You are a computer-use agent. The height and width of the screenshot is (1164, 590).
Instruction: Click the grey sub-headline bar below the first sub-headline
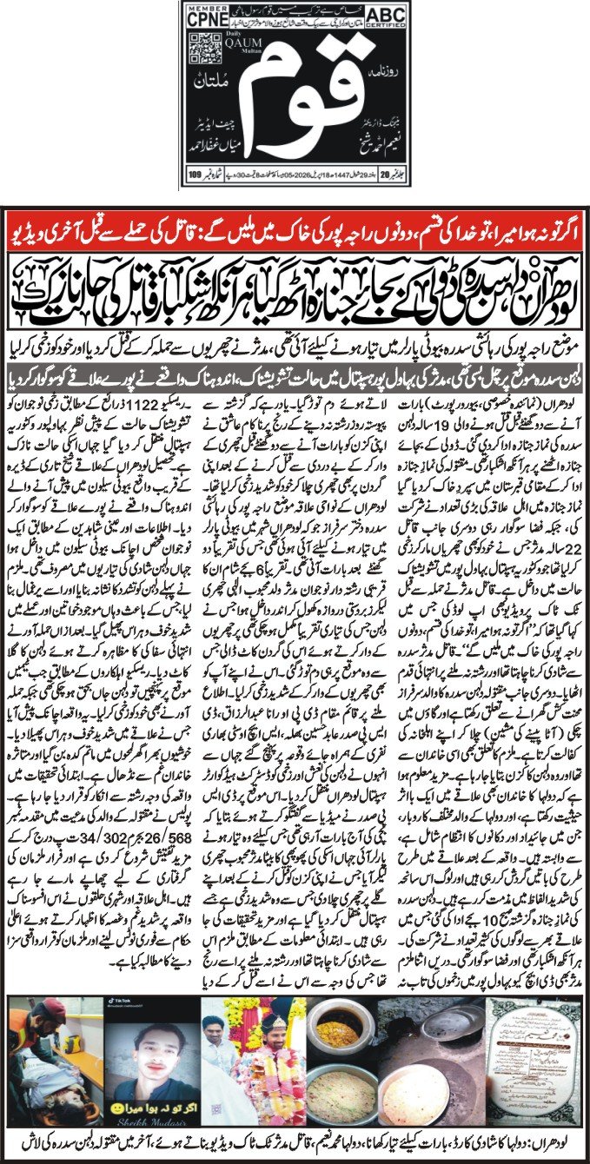295,379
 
